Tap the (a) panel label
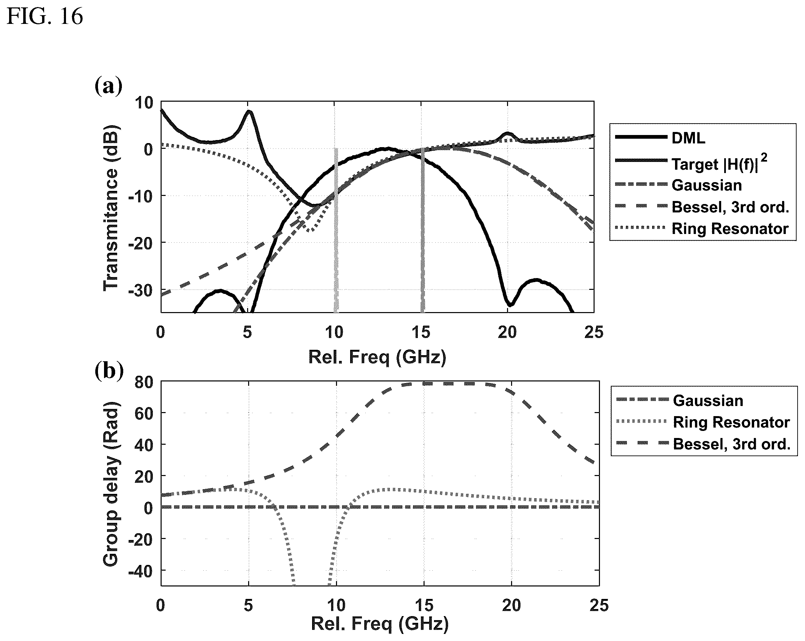pos(108,86)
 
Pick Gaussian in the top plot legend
pos(706,185)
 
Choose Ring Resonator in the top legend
pos(730,229)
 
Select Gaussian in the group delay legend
pos(708,401)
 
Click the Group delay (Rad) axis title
pos(110,484)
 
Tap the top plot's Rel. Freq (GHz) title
pos(377,358)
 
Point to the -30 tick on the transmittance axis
pos(141,290)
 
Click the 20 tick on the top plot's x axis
pos(507,332)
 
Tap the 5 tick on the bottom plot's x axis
pos(248,605)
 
